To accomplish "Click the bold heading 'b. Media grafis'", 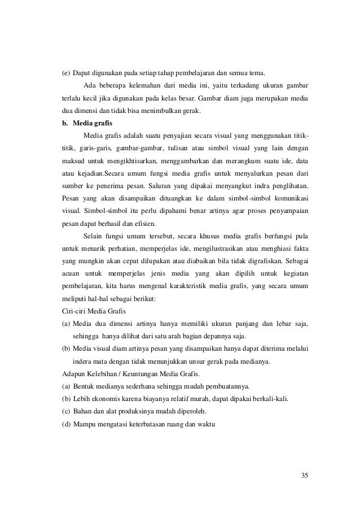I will click(86, 124).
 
